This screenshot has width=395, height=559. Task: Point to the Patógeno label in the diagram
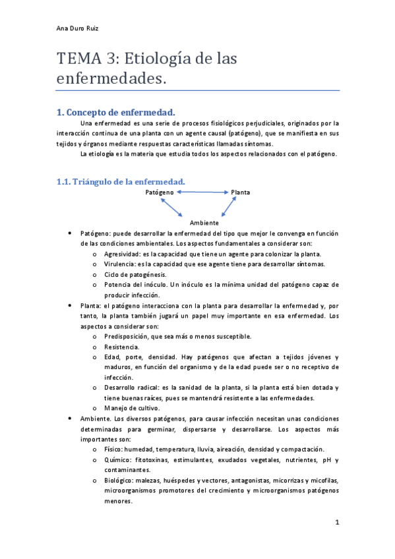pyautogui.click(x=160, y=192)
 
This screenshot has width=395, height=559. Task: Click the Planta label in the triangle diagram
pyautogui.click(x=241, y=192)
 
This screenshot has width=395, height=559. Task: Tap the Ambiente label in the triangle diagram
pyautogui.click(x=204, y=223)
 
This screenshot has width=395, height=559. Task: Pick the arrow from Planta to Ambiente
pyautogui.click(x=229, y=207)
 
